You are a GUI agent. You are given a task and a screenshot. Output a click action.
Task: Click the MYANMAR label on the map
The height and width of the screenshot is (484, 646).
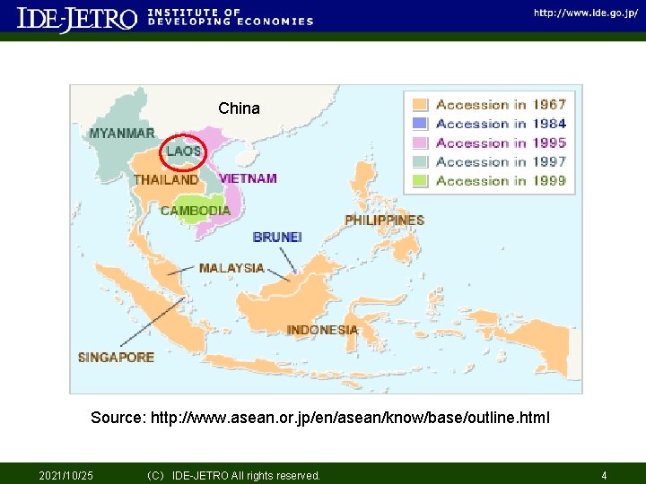pyautogui.click(x=121, y=134)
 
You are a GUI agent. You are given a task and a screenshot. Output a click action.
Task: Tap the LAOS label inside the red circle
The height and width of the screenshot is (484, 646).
pyautogui.click(x=183, y=151)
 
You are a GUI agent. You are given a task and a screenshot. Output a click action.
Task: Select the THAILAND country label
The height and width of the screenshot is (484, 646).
pyautogui.click(x=166, y=179)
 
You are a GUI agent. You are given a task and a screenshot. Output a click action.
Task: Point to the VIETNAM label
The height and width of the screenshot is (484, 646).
pyautogui.click(x=248, y=178)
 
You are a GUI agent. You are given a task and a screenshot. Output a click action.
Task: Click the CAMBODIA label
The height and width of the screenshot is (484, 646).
pyautogui.click(x=196, y=211)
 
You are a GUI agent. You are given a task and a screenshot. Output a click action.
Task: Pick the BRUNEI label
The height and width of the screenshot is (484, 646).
pyautogui.click(x=277, y=237)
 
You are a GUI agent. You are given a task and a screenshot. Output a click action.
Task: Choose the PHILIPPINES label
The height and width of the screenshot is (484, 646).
pyautogui.click(x=384, y=220)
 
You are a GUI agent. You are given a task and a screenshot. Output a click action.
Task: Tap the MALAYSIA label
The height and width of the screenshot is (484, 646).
pyautogui.click(x=231, y=268)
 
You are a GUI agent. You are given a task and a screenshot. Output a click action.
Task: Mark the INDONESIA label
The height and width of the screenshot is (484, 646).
pyautogui.click(x=322, y=330)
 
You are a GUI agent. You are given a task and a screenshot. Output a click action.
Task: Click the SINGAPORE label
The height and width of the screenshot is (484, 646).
pyautogui.click(x=116, y=357)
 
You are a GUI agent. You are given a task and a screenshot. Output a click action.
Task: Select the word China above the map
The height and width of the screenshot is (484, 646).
pyautogui.click(x=239, y=108)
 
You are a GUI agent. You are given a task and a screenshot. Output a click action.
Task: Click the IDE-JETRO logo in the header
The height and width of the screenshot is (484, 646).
pyautogui.click(x=77, y=19)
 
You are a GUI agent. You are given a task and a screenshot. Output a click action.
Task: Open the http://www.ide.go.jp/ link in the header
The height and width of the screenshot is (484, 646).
pyautogui.click(x=586, y=13)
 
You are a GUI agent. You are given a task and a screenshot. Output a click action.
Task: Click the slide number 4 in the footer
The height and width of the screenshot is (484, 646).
pyautogui.click(x=604, y=475)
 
